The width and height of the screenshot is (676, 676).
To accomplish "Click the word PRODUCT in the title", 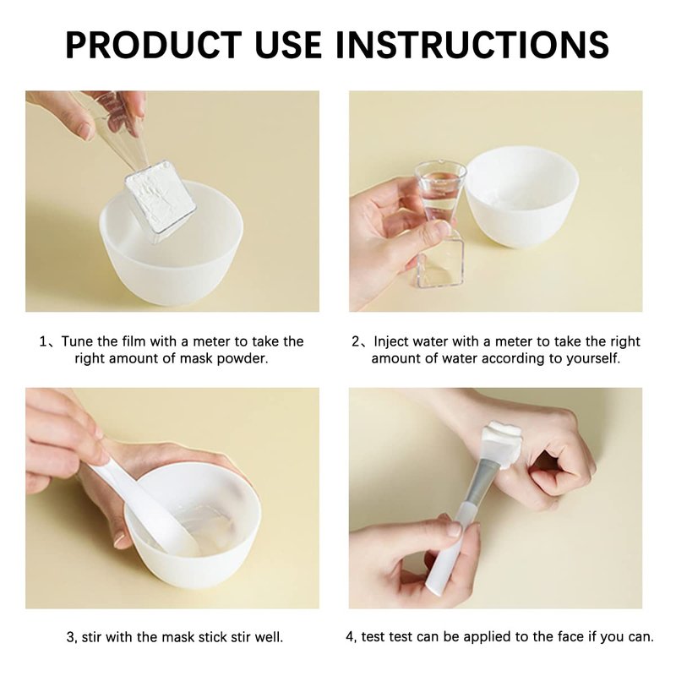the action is point(154,45).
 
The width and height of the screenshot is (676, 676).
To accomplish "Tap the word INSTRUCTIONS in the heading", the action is point(472,45).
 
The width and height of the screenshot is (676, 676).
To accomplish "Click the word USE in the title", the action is point(288,45).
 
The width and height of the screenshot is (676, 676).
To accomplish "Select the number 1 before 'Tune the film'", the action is point(43,341).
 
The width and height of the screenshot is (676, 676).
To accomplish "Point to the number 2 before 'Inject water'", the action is point(356,341).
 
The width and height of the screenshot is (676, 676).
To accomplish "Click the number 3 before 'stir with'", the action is point(71,637).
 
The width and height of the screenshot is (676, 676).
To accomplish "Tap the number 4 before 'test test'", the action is point(350,637).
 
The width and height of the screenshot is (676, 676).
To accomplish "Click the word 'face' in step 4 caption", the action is point(564,637).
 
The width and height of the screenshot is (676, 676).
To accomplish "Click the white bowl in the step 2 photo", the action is point(521,196).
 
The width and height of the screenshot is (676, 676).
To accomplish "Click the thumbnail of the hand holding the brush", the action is point(453,528).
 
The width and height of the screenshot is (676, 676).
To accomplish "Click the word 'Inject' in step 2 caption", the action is point(391,342).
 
